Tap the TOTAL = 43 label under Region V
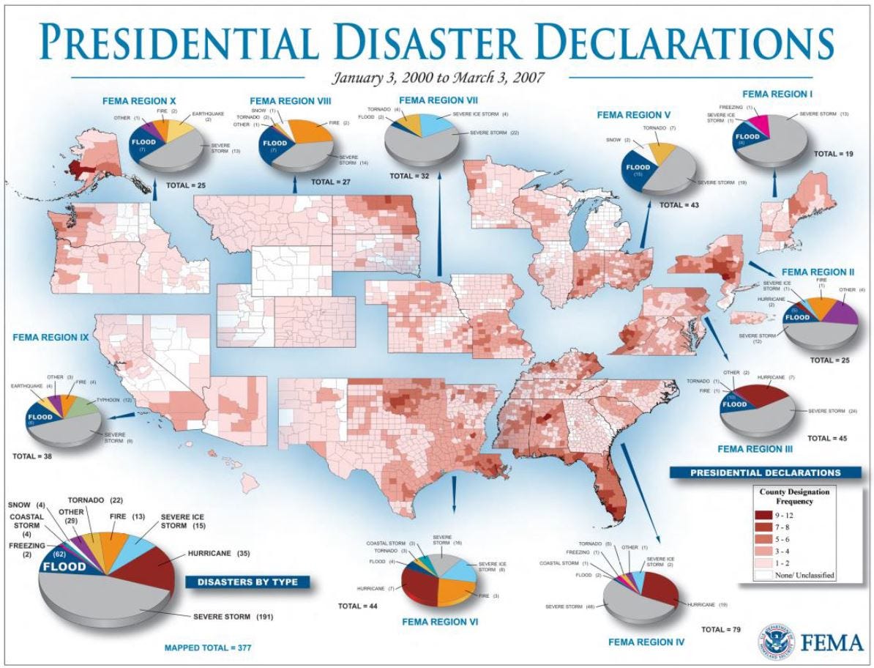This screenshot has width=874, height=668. click(679, 205)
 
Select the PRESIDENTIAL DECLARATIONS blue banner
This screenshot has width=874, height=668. click(766, 472)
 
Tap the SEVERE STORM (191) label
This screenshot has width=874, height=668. click(234, 617)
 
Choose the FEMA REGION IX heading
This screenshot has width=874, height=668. click(50, 338)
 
